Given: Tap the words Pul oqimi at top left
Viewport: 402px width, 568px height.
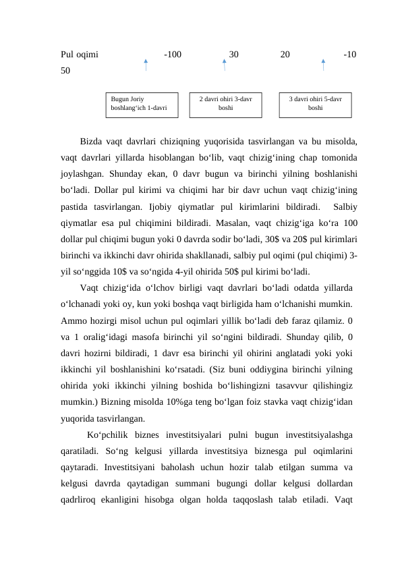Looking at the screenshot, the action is pos(80,54).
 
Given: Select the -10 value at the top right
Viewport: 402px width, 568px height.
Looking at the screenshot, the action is pos(349,54).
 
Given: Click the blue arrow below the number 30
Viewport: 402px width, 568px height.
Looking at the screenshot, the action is pos(225,65).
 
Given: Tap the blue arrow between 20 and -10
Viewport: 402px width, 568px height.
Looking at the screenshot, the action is pos(323,65).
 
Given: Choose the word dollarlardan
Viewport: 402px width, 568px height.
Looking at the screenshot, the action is pos(328,484).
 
